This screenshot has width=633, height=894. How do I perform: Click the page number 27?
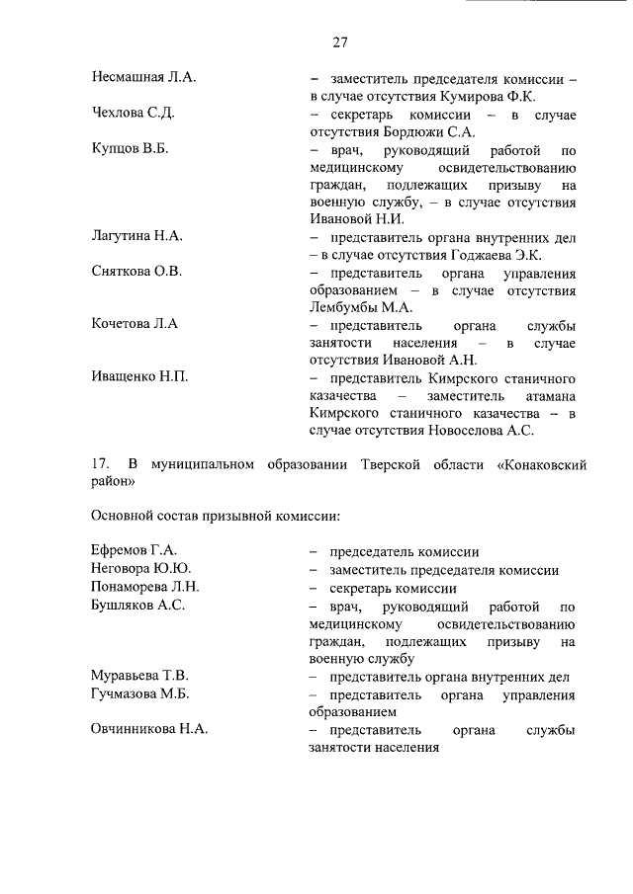point(339,42)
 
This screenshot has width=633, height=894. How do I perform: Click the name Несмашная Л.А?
point(142,77)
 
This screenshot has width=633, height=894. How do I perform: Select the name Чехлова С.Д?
point(134,114)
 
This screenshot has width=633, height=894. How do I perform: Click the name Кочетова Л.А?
point(134,324)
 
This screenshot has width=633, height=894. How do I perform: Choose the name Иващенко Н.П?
point(139,376)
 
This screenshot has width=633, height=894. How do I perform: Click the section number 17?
point(100,464)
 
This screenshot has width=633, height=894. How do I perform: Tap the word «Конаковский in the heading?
point(530,464)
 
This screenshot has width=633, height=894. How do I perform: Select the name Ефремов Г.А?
point(133,551)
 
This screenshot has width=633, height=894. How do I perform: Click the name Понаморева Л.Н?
point(145,588)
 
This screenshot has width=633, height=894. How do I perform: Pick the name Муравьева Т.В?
point(139,676)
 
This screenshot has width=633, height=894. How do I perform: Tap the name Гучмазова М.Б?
point(139,693)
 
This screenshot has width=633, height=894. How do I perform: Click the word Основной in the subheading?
point(125,516)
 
